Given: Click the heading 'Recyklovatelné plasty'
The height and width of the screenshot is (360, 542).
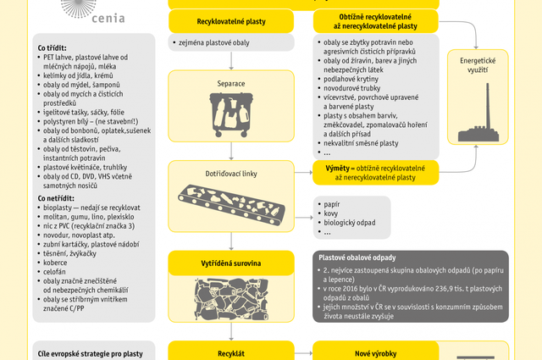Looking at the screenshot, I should (x=232, y=20).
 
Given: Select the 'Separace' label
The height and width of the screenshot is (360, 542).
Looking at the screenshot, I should (x=232, y=85).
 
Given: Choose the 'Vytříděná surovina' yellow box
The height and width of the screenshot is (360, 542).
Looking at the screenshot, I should (x=232, y=263).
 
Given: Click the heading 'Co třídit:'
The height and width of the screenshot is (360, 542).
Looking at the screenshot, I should (x=53, y=47).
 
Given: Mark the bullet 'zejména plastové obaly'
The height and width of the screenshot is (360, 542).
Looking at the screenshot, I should (x=215, y=42).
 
